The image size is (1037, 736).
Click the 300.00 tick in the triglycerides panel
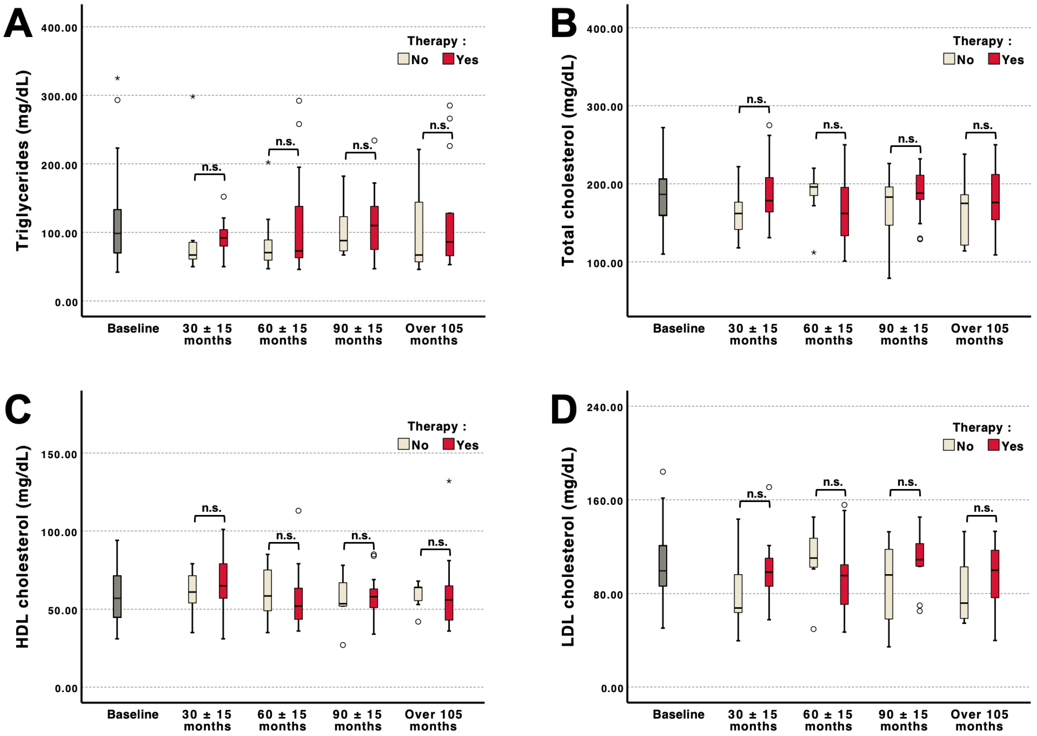click(x=59, y=97)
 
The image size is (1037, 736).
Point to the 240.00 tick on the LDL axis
click(x=605, y=407)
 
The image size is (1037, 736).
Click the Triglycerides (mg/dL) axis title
click(x=23, y=161)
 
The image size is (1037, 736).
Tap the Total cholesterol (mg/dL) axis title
click(x=568, y=161)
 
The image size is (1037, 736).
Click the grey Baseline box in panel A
click(x=117, y=231)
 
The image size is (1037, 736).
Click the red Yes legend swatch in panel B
click(x=994, y=59)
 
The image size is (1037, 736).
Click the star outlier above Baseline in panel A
click(x=117, y=79)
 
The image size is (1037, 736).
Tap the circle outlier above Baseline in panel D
click(x=663, y=472)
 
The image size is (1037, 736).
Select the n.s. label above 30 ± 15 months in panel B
click(x=756, y=99)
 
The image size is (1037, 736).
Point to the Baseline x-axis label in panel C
click(x=133, y=714)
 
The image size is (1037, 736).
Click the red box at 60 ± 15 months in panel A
click(x=299, y=232)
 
